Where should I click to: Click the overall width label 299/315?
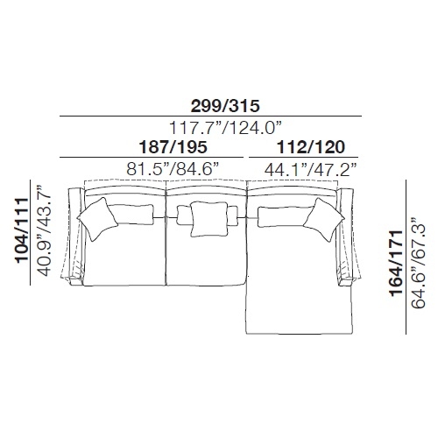pos(225,106)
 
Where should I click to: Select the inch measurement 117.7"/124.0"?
pos(225,128)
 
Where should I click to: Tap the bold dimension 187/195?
pos(173,147)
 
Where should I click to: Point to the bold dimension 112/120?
pos(311,147)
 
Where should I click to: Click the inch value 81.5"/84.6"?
pos(173,169)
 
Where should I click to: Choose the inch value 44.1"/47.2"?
pos(311,169)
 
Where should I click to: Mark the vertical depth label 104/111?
pos(23,231)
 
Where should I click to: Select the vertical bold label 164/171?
pos(397,263)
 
